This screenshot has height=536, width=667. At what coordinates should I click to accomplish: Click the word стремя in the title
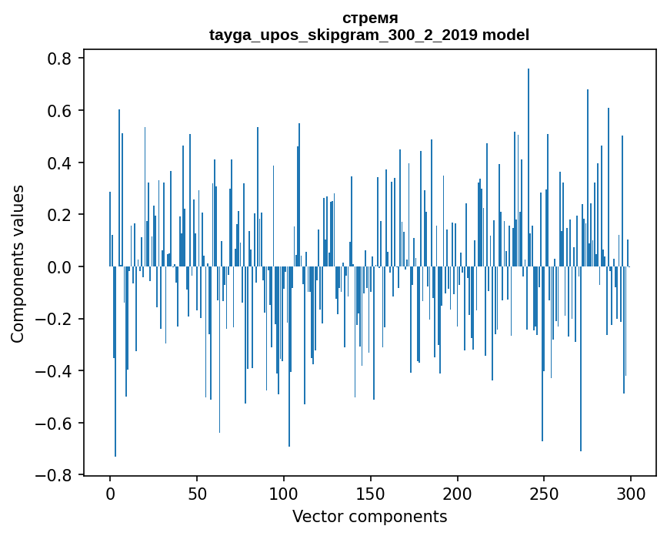(369, 18)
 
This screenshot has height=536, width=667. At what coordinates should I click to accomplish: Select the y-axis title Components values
(18, 263)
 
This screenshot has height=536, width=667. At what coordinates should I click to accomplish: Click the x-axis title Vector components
(369, 516)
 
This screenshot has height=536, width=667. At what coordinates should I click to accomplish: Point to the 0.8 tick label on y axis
(60, 59)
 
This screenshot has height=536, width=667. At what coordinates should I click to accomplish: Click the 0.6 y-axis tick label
(60, 111)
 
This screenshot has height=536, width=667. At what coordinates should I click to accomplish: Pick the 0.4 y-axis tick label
(60, 163)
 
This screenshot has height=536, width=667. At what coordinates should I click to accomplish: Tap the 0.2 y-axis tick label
(60, 215)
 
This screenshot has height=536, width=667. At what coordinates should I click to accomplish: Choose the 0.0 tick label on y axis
(60, 267)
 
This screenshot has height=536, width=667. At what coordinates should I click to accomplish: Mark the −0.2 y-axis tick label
(55, 320)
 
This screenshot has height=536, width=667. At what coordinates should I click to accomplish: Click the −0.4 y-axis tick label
(55, 371)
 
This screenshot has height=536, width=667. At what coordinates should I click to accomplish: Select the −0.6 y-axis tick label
(55, 424)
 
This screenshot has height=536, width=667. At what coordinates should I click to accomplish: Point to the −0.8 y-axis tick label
(55, 475)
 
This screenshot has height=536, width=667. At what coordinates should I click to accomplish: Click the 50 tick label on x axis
(197, 494)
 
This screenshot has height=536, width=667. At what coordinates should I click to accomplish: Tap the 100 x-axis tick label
(284, 494)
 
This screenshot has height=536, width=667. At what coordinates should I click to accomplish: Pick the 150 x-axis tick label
(371, 494)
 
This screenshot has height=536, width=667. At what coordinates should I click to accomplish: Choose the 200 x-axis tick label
(458, 494)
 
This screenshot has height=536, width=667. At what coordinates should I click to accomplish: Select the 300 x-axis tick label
(631, 494)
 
